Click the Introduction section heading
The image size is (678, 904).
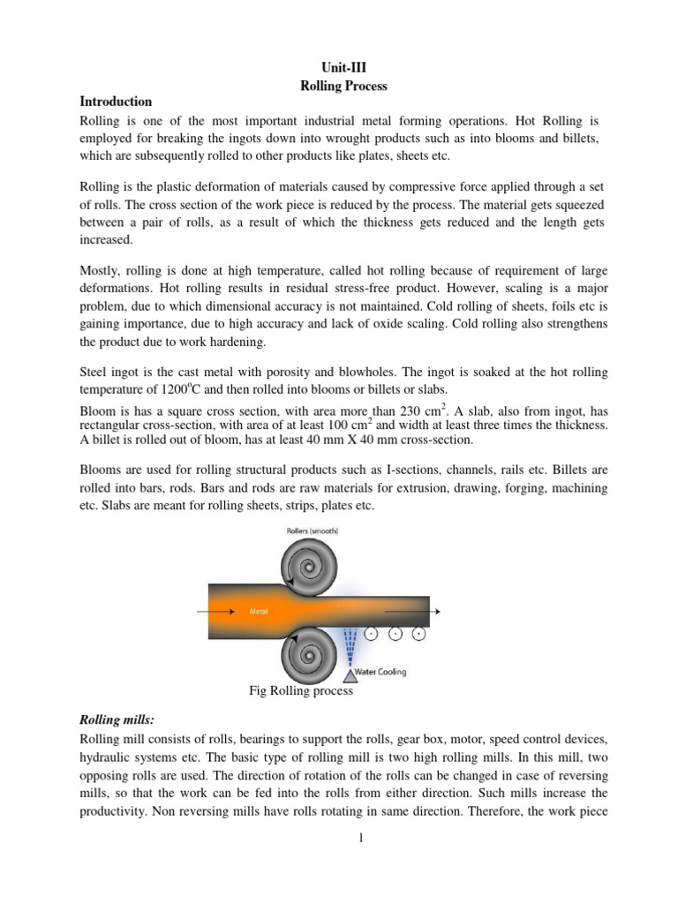tap(117, 102)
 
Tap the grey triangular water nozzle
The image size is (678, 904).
tap(352, 675)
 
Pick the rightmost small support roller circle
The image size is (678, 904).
tap(419, 634)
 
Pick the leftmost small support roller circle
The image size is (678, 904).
tap(372, 634)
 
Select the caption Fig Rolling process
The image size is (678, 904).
tap(302, 691)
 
